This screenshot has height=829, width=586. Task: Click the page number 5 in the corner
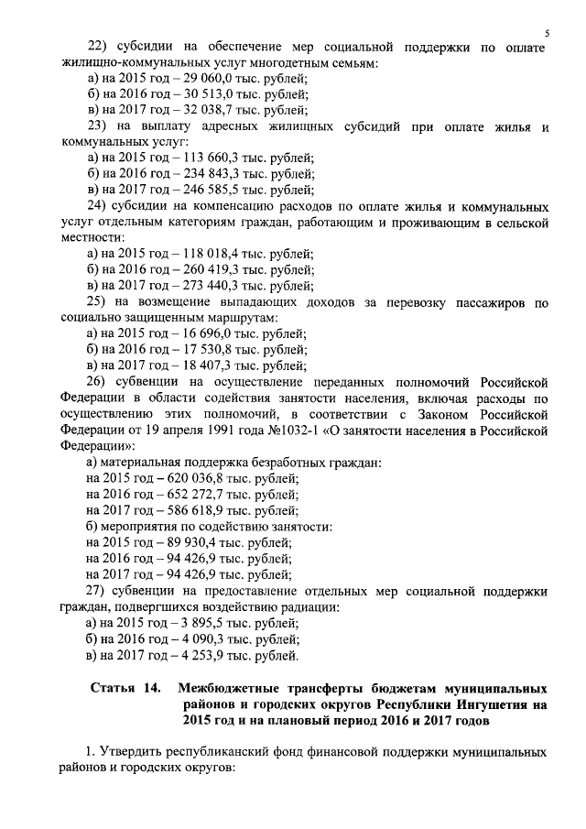point(546,34)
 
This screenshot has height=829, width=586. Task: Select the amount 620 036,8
point(196,477)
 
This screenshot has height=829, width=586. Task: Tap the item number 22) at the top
point(97,47)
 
